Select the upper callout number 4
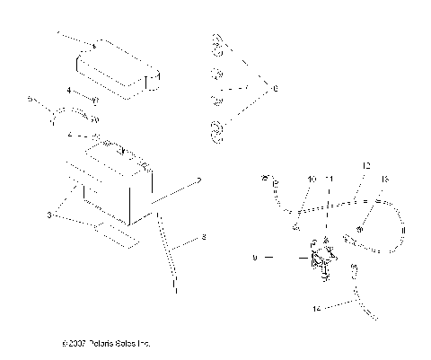(67, 90)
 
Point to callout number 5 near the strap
(31, 97)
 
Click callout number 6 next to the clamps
(275, 88)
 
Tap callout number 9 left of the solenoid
(255, 258)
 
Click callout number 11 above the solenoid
(328, 180)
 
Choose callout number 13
(387, 180)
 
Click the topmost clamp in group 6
(216, 43)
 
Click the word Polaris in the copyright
(100, 343)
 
